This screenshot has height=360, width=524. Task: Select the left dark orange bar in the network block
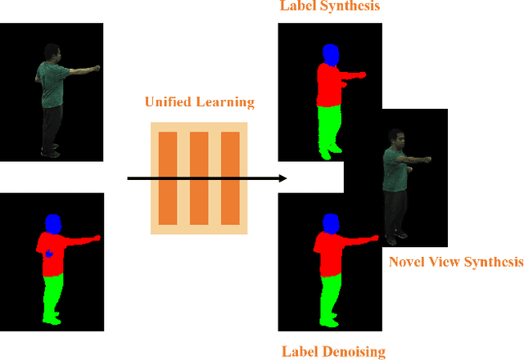point(168,178)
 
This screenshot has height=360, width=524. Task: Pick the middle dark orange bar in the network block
point(199,178)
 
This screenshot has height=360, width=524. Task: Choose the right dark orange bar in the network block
point(230,178)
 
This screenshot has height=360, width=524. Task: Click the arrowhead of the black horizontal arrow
point(283,178)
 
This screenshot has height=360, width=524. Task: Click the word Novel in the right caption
point(407,262)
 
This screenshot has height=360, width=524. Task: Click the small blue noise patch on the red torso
point(48,253)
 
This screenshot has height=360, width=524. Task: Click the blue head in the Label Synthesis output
point(330,54)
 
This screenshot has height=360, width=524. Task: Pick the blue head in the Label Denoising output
point(330,223)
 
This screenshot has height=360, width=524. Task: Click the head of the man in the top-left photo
point(52,52)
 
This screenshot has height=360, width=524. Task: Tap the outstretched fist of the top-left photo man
point(97,67)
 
